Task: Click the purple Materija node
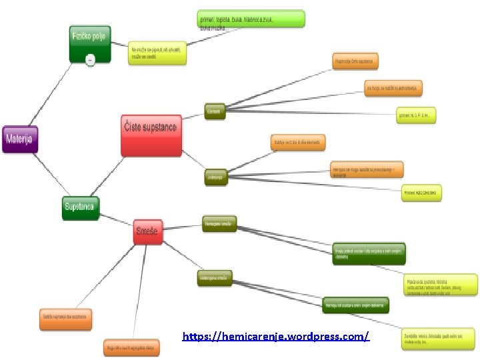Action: pyautogui.click(x=21, y=139)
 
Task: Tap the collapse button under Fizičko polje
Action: pyautogui.click(x=91, y=59)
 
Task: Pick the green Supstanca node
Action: pyautogui.click(x=80, y=207)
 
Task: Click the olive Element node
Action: pyautogui.click(x=215, y=111)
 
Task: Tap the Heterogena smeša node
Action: pyautogui.click(x=215, y=277)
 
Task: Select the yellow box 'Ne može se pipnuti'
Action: pyautogui.click(x=158, y=53)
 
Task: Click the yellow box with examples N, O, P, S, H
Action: pyautogui.click(x=417, y=115)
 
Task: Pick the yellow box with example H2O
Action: pyautogui.click(x=421, y=193)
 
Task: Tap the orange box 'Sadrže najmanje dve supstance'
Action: pyautogui.click(x=65, y=317)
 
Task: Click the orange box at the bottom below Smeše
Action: pyautogui.click(x=131, y=347)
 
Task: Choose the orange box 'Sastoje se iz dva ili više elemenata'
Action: pyautogui.click(x=298, y=143)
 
